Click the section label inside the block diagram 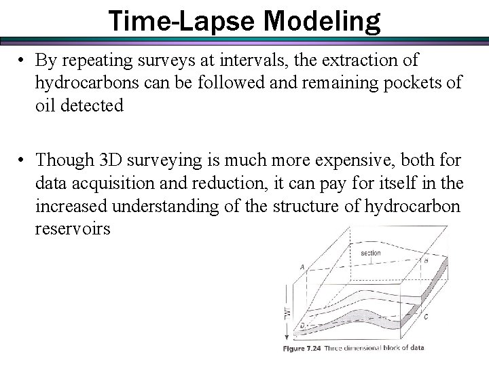click(x=371, y=253)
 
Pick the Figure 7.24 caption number click(x=307, y=348)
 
